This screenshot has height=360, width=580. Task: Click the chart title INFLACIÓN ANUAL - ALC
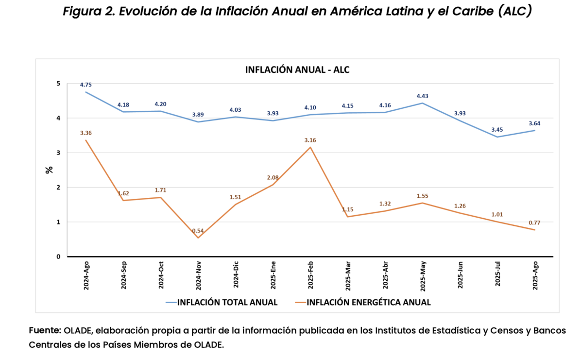297,69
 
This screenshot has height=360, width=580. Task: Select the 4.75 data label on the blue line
86,85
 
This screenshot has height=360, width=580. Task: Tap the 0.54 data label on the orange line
198,231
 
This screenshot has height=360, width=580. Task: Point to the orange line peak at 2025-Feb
310,147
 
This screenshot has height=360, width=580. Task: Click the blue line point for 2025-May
422,103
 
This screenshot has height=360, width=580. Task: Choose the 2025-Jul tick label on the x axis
498,276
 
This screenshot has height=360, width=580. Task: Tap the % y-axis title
49,170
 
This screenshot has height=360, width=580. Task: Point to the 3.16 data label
310,140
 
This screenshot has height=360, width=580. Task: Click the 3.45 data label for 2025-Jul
497,130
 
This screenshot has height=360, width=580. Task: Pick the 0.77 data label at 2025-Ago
535,223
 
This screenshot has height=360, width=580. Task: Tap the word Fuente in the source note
45,330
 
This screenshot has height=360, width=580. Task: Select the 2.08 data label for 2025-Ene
273,177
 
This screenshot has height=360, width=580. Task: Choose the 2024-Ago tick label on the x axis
86,276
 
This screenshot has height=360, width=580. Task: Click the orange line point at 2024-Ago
86,140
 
